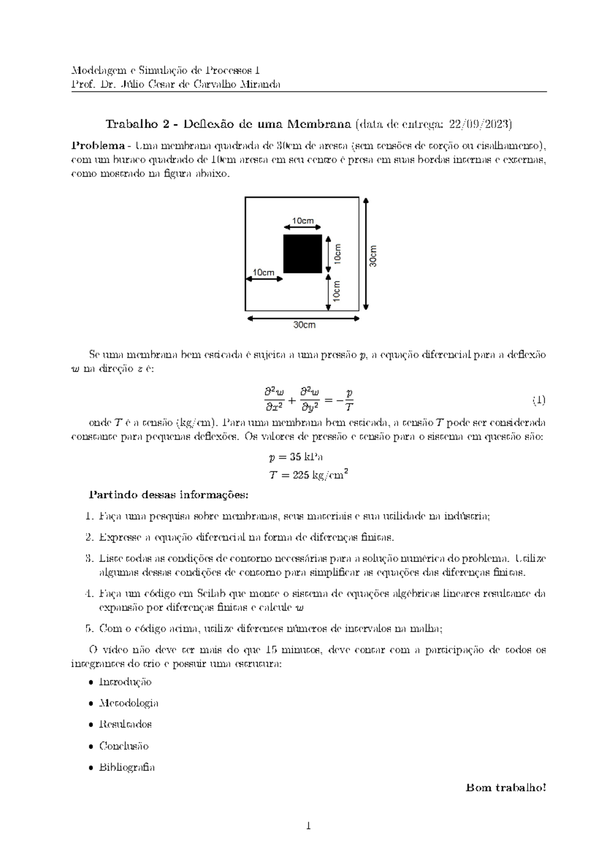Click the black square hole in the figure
click(x=303, y=253)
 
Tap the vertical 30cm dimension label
click(x=372, y=255)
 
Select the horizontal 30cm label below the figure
click(x=304, y=325)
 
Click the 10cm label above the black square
click(x=303, y=221)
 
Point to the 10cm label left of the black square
click(x=263, y=272)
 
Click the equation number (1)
click(x=539, y=400)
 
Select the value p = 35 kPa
click(x=296, y=457)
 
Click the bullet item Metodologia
click(x=129, y=703)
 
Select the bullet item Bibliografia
click(x=127, y=767)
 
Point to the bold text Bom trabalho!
click(x=506, y=787)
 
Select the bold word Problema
click(x=98, y=146)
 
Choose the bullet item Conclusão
click(x=124, y=746)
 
